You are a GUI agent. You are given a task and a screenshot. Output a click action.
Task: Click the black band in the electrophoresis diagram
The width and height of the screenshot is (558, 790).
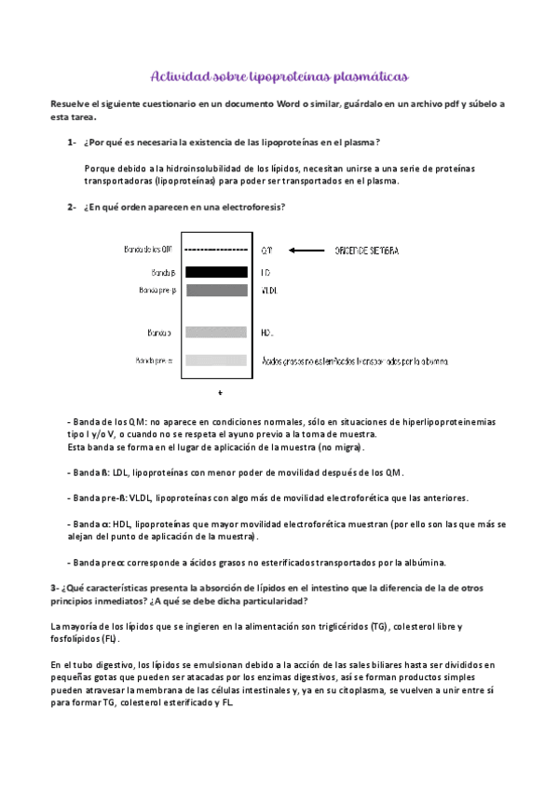pyautogui.click(x=216, y=272)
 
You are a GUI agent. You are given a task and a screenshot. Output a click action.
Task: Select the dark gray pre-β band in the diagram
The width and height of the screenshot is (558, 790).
pyautogui.click(x=216, y=291)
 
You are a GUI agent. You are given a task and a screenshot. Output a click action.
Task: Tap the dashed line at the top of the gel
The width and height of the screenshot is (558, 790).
pyautogui.click(x=216, y=251)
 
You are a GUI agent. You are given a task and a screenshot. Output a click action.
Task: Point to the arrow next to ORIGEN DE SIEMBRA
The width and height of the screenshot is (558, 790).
pyautogui.click(x=306, y=251)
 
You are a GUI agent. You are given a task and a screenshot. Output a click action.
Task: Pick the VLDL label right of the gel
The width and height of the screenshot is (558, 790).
pyautogui.click(x=268, y=291)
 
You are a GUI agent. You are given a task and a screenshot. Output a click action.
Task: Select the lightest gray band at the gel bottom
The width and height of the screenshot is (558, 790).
pyautogui.click(x=216, y=361)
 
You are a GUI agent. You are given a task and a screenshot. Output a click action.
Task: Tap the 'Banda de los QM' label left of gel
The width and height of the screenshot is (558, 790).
pyautogui.click(x=147, y=251)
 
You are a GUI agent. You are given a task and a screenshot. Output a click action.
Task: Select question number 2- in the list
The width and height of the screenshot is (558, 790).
pyautogui.click(x=72, y=207)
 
